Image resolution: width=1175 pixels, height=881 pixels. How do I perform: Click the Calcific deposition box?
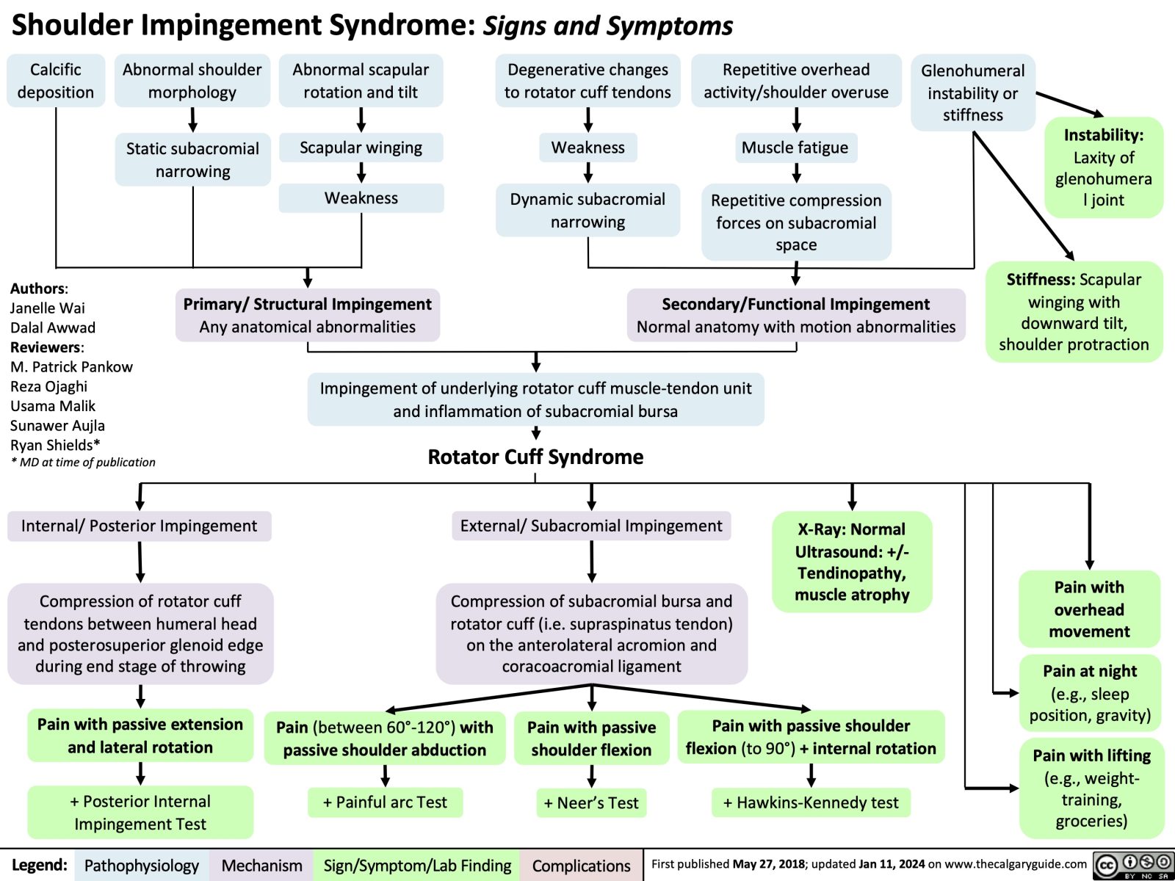point(56,81)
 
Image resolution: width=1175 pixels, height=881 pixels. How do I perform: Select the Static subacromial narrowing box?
point(192,159)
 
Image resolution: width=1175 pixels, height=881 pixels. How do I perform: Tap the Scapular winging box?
point(361,148)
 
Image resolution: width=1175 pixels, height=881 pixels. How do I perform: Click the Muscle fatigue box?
point(795,148)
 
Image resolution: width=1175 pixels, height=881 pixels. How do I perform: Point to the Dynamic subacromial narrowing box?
point(587,211)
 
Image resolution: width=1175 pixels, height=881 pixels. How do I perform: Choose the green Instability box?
point(1103,167)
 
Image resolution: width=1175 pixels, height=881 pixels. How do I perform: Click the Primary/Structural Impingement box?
point(307,315)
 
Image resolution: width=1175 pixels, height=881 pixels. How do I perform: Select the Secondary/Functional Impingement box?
point(795,315)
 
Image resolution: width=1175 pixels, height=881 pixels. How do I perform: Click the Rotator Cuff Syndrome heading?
point(535,457)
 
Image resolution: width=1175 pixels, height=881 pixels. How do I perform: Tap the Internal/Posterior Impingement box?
point(139,526)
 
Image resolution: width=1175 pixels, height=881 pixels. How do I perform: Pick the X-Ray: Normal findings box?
point(852,562)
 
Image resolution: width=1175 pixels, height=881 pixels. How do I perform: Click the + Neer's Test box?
point(591,802)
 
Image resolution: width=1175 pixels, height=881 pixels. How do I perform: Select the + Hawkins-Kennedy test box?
point(811,802)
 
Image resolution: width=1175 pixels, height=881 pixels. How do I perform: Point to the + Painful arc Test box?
point(385,802)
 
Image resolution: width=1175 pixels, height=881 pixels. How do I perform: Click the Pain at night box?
point(1090,693)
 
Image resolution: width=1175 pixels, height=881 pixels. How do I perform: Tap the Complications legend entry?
point(581,866)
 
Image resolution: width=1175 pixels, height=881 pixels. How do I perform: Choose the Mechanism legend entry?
point(261,866)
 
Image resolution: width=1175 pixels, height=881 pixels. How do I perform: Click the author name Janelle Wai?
point(48,308)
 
